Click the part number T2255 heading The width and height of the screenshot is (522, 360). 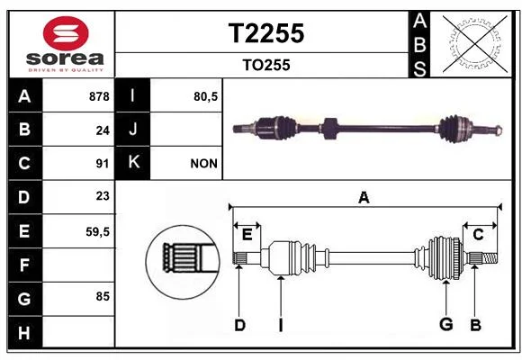click(x=266, y=33)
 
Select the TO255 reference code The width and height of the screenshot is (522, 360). click(x=266, y=65)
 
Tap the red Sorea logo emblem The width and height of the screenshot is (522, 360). click(x=66, y=33)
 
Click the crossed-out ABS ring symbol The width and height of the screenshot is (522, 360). click(x=475, y=44)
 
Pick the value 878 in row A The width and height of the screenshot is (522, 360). click(x=99, y=96)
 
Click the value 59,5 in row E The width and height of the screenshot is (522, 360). click(x=97, y=231)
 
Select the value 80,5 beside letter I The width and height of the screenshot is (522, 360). click(x=206, y=96)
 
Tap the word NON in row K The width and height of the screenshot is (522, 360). click(x=203, y=164)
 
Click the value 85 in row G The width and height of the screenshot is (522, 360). click(x=103, y=296)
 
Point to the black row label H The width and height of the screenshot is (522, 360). click(x=24, y=332)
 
